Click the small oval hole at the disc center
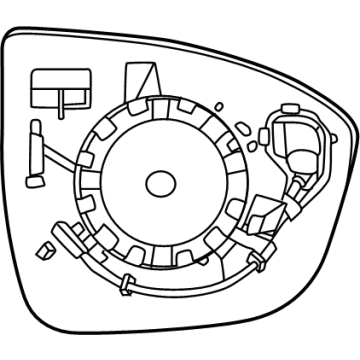click(159, 183)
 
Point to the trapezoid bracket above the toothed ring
click(140, 80)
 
